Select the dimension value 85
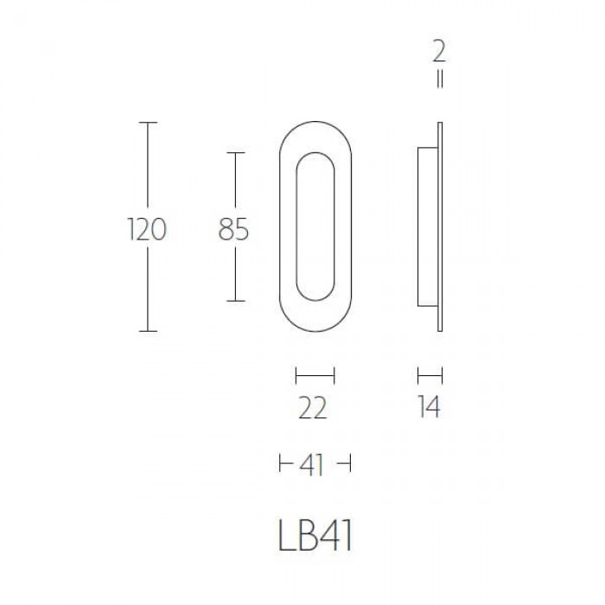(233, 230)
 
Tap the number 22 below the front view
(313, 407)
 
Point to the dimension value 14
(428, 407)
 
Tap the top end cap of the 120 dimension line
(150, 123)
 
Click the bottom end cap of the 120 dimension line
(150, 331)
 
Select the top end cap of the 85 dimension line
(236, 152)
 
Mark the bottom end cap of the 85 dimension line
(236, 301)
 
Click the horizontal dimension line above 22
(315, 375)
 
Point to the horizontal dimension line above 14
(430, 375)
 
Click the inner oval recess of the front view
(315, 226)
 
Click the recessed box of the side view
(427, 226)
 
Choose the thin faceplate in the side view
(441, 226)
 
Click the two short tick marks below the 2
(440, 81)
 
